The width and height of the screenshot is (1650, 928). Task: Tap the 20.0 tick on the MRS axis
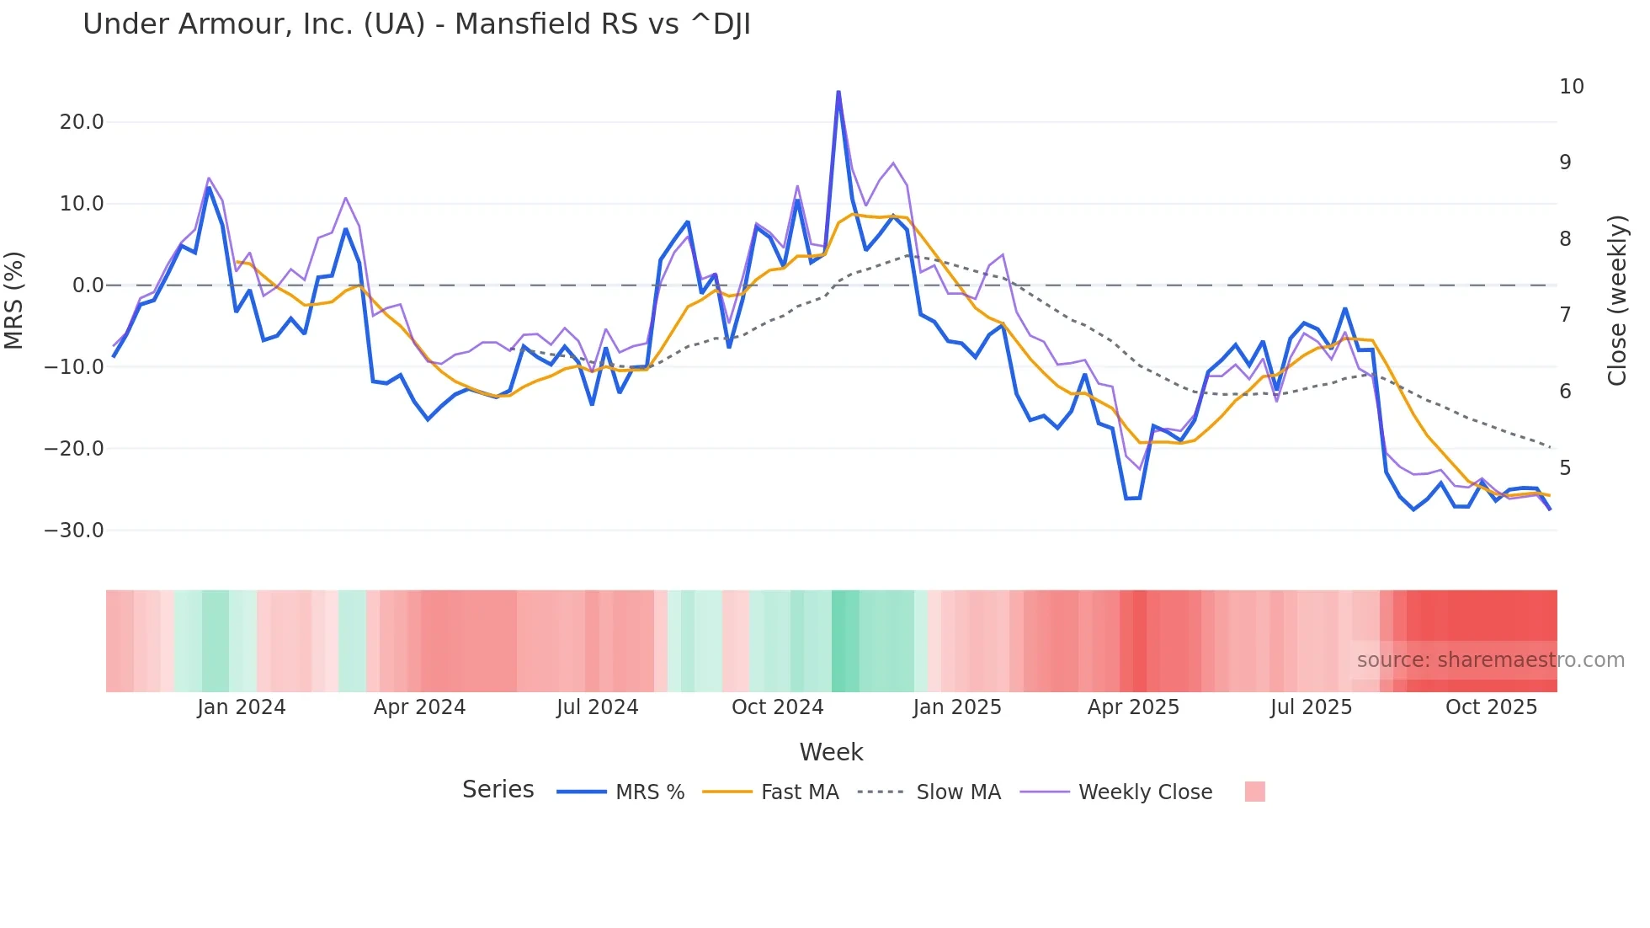click(x=82, y=122)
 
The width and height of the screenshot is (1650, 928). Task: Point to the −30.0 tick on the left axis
click(x=74, y=531)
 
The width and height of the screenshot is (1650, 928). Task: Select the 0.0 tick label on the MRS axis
click(x=88, y=285)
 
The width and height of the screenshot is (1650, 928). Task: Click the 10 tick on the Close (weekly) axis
click(x=1571, y=87)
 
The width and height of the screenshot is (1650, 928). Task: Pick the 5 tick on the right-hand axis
click(x=1565, y=468)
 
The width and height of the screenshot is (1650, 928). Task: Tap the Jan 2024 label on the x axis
click(x=242, y=707)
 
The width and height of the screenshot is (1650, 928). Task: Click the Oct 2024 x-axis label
click(x=777, y=707)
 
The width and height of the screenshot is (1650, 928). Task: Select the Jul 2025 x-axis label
click(x=1311, y=707)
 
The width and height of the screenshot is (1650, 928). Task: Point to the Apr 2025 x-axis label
click(x=1133, y=707)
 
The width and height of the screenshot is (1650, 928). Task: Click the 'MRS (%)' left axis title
click(x=14, y=300)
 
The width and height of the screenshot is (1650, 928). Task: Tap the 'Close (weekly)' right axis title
click(x=1617, y=301)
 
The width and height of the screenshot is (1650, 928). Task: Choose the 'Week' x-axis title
click(x=831, y=752)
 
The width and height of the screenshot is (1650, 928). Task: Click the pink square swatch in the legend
click(x=1254, y=792)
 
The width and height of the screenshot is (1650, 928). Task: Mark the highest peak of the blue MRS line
click(x=838, y=92)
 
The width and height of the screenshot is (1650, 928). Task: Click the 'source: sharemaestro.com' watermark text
click(x=1490, y=660)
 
